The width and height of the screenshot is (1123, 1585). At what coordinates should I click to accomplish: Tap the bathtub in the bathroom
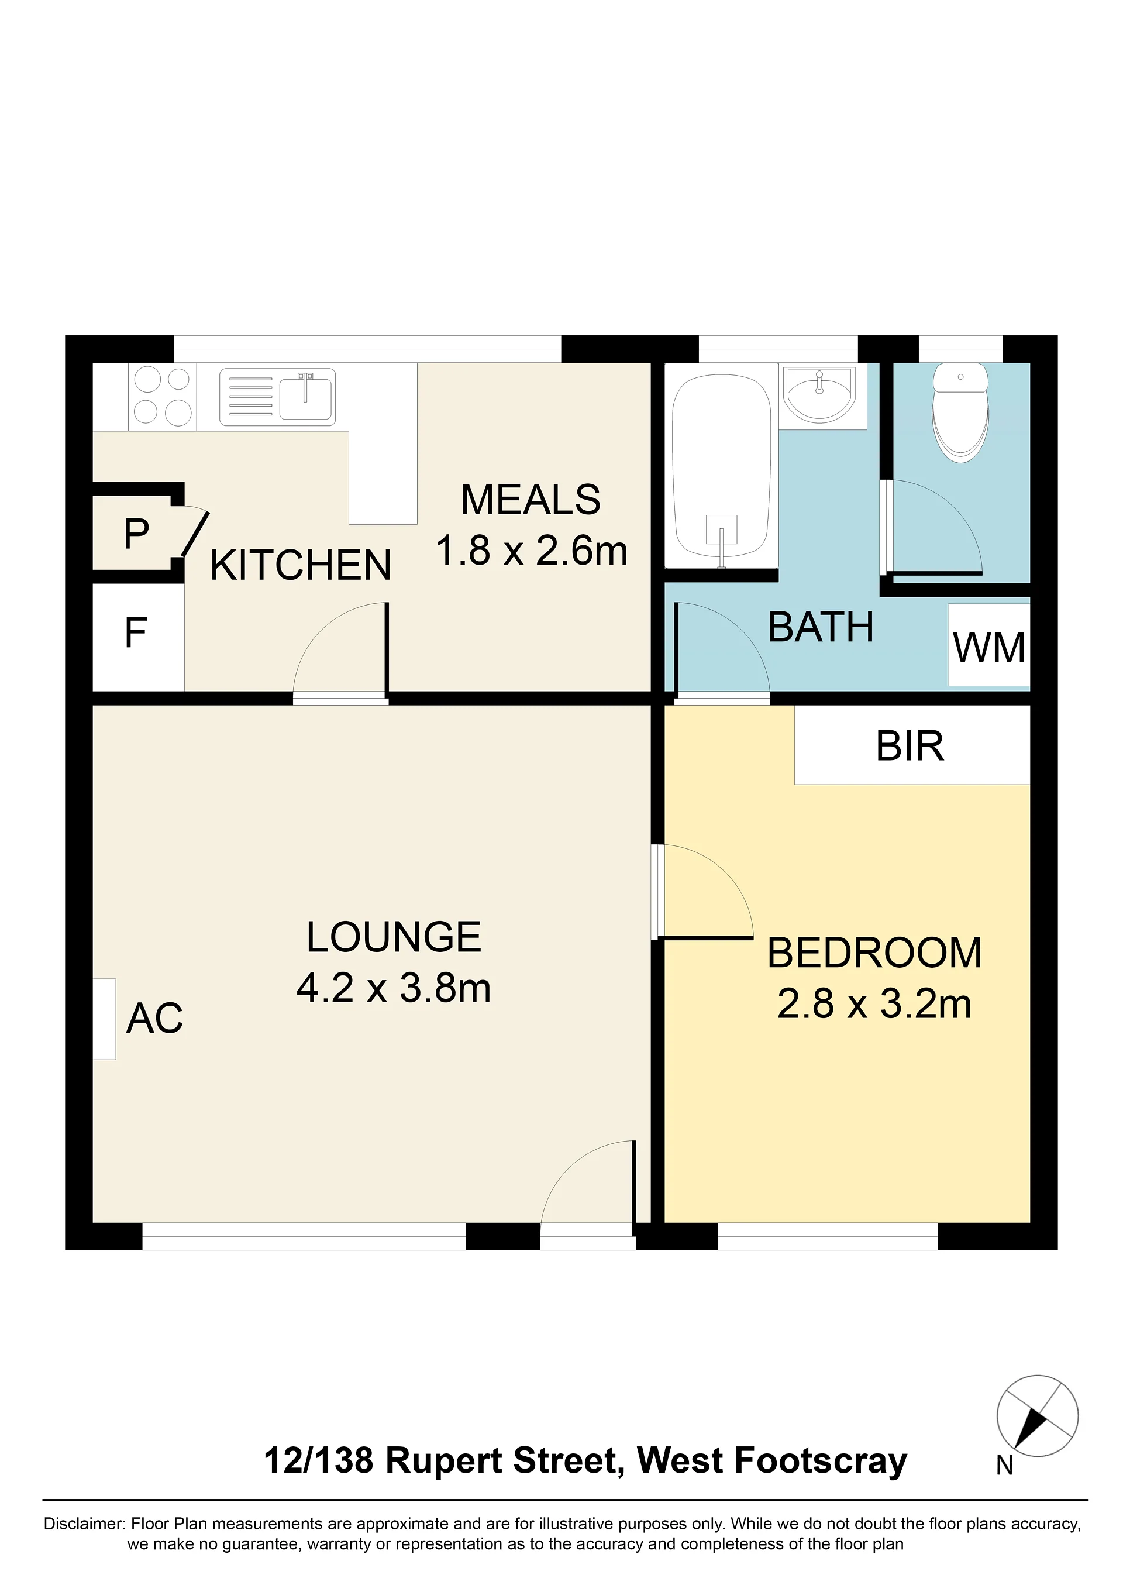(x=721, y=470)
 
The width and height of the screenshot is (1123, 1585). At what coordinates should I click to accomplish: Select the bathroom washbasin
(x=820, y=395)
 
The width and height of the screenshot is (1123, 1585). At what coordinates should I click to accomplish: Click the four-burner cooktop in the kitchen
(x=162, y=396)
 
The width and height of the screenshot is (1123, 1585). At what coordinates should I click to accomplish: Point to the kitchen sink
(x=277, y=397)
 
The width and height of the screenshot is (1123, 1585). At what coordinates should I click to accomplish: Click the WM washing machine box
(x=989, y=645)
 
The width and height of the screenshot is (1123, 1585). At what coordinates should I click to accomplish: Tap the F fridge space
(x=138, y=637)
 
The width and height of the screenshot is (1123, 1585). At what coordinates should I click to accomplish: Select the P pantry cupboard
(x=137, y=533)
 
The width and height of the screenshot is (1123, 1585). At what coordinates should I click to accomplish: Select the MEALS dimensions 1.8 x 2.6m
(x=532, y=551)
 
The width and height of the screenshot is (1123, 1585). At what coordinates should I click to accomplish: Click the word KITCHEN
(x=301, y=565)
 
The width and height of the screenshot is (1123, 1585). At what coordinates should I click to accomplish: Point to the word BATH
(x=821, y=627)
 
